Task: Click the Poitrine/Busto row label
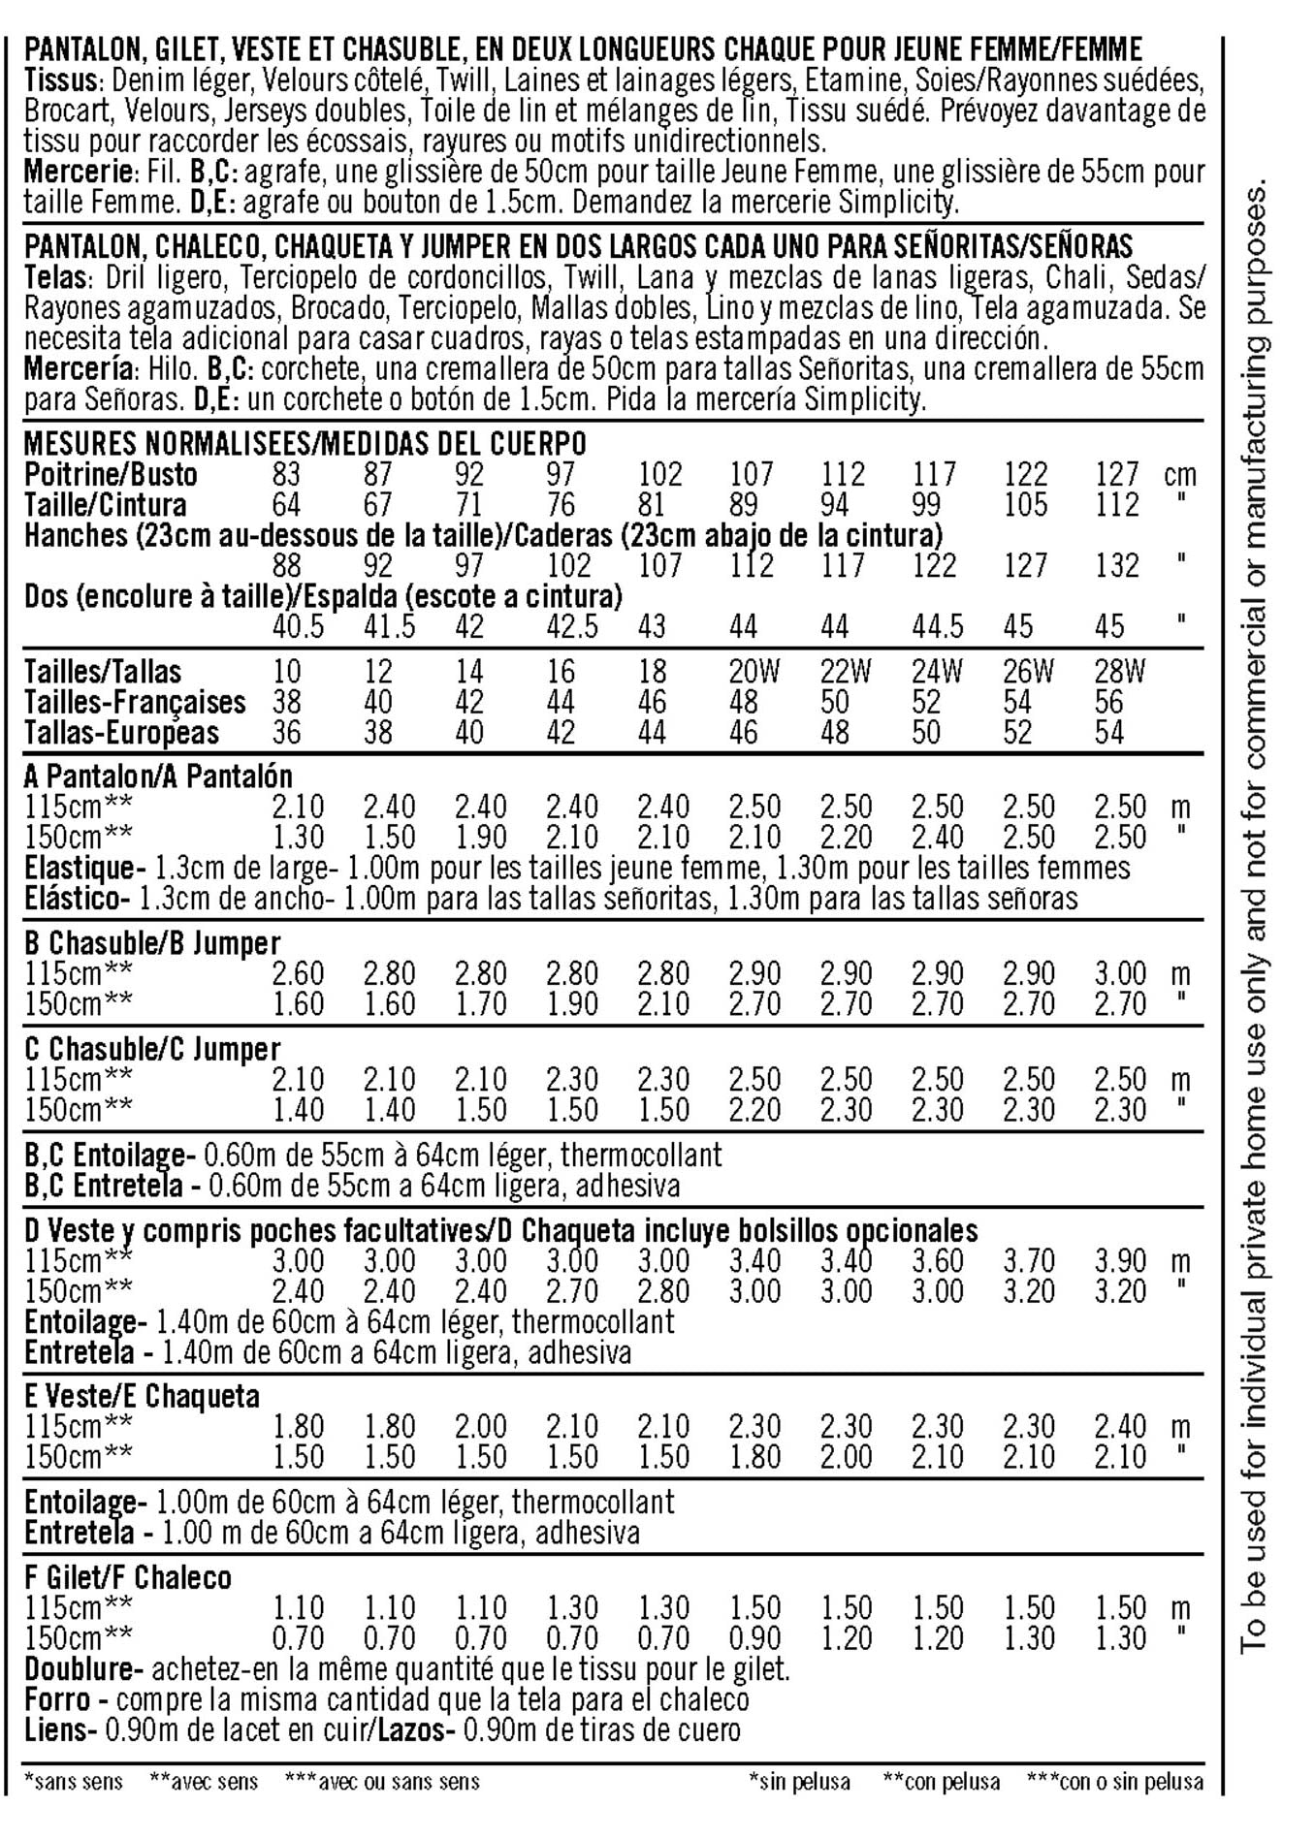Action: click(111, 475)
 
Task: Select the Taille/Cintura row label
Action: click(105, 505)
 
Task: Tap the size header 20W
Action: click(754, 671)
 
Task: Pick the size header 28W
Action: click(1120, 671)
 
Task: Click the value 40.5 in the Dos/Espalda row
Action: click(298, 626)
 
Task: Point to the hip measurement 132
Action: click(1117, 565)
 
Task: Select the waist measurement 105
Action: click(1025, 505)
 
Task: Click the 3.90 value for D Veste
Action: click(1120, 1261)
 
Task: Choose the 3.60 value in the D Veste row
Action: click(938, 1261)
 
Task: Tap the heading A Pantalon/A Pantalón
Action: click(158, 776)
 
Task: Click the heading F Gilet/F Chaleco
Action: click(128, 1577)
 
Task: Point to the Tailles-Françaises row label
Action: click(135, 702)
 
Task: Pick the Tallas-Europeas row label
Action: click(122, 733)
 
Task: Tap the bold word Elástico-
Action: click(77, 898)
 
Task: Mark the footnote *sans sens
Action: click(74, 1781)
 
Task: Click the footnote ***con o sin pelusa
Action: click(1114, 1781)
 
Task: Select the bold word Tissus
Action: click(61, 80)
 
